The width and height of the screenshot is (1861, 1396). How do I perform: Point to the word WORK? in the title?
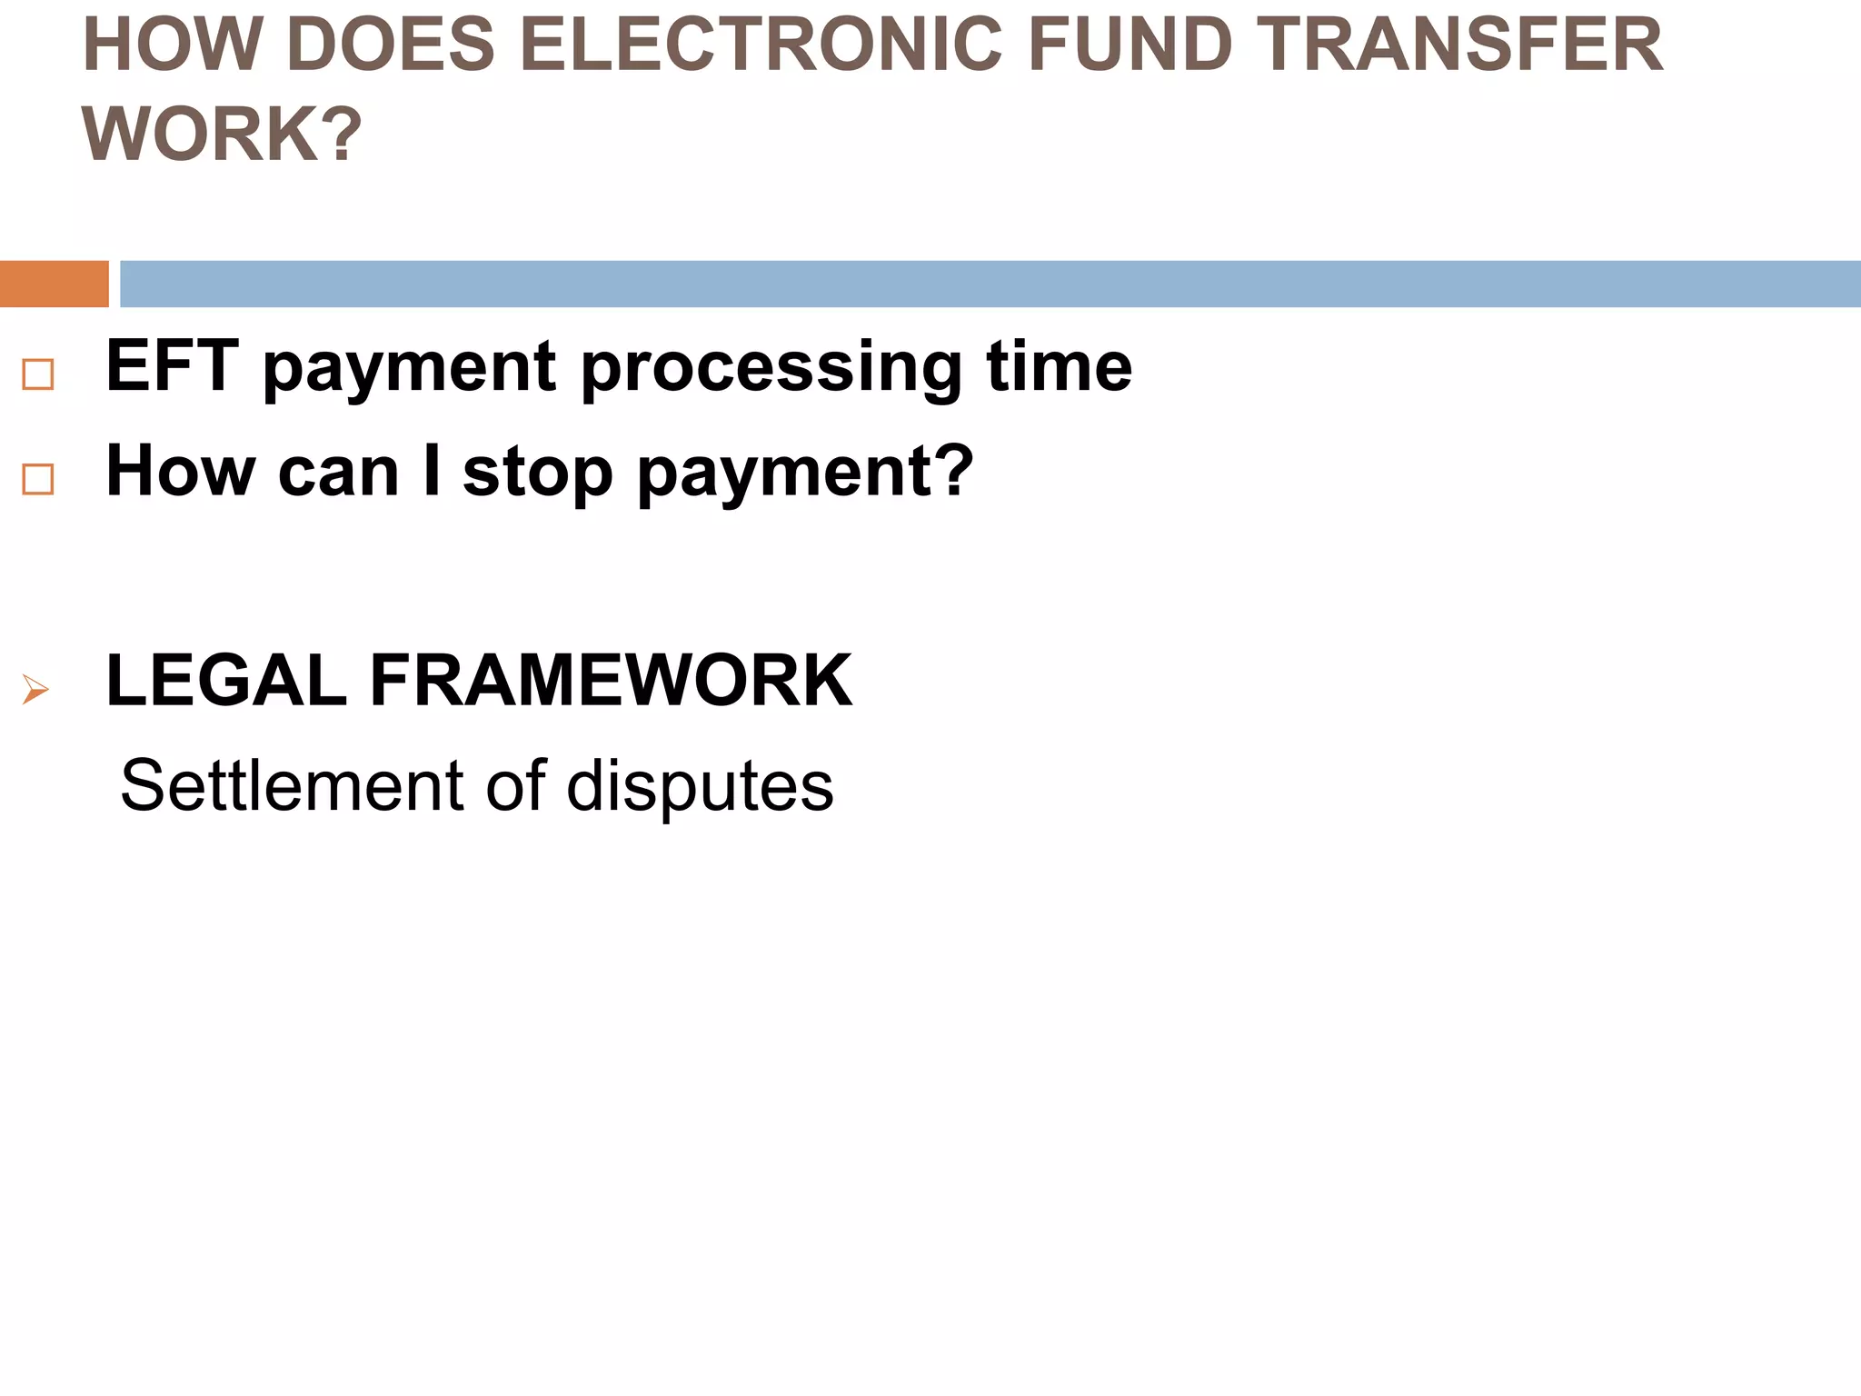[222, 135]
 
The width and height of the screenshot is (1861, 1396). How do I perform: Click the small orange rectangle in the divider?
[54, 284]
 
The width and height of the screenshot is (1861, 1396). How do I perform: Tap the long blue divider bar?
[989, 284]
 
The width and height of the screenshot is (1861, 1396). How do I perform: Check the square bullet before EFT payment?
[38, 374]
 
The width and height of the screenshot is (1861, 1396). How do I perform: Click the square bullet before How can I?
[38, 478]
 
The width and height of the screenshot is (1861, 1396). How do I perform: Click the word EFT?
[173, 366]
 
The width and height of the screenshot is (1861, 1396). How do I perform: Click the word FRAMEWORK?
[611, 681]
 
